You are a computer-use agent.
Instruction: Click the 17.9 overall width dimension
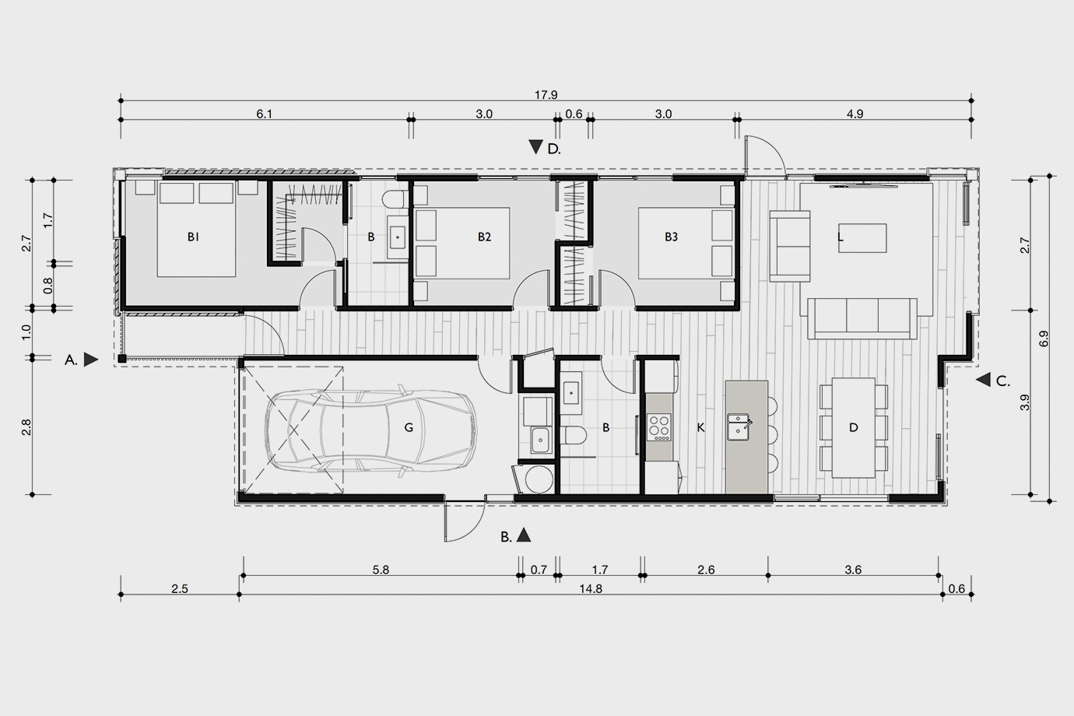pyautogui.click(x=546, y=95)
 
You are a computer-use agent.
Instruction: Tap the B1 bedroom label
pyautogui.click(x=193, y=237)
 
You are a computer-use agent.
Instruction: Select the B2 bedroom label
pyautogui.click(x=484, y=237)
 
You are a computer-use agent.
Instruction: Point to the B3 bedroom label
pyautogui.click(x=671, y=237)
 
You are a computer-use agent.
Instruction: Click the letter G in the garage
pyautogui.click(x=409, y=427)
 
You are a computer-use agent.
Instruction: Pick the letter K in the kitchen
pyautogui.click(x=700, y=427)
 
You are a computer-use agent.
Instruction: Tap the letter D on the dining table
pyautogui.click(x=854, y=427)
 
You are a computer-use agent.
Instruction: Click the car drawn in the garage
pyautogui.click(x=370, y=430)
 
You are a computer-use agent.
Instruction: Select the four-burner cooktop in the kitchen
pyautogui.click(x=659, y=427)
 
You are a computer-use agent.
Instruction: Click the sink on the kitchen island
pyautogui.click(x=739, y=426)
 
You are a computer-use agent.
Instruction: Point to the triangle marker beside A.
pyautogui.click(x=90, y=360)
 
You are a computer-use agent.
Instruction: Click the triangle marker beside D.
pyautogui.click(x=535, y=147)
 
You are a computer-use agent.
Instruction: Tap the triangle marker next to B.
pyautogui.click(x=524, y=535)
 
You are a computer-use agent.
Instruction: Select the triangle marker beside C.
pyautogui.click(x=984, y=380)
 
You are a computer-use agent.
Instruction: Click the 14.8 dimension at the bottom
pyautogui.click(x=590, y=589)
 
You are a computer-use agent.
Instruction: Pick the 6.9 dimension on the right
pyautogui.click(x=1044, y=339)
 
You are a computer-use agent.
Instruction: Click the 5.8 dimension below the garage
pyautogui.click(x=381, y=570)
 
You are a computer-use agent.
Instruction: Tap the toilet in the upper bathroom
pyautogui.click(x=395, y=200)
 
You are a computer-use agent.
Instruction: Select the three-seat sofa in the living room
pyautogui.click(x=862, y=318)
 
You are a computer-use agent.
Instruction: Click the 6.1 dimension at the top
pyautogui.click(x=264, y=114)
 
